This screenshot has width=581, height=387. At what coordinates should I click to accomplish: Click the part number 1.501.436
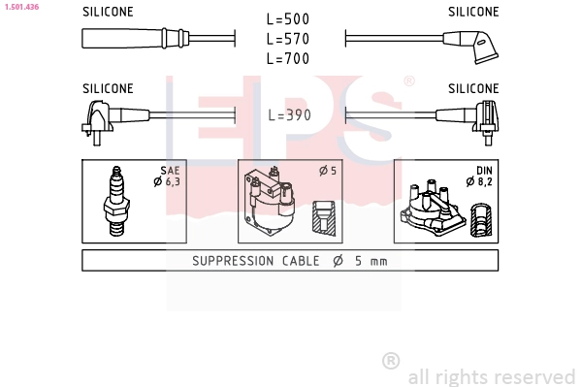pos(21,7)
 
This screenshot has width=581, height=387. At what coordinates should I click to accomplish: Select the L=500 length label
pos(288,19)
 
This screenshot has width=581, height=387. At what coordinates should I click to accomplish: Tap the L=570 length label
pos(288,39)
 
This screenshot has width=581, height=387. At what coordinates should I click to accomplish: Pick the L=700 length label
pos(288,58)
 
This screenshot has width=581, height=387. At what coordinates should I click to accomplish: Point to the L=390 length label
pos(289,115)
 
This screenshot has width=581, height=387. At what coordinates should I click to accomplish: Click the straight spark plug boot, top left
pos(135,38)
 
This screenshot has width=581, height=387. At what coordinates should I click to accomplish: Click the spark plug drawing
pos(116,201)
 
